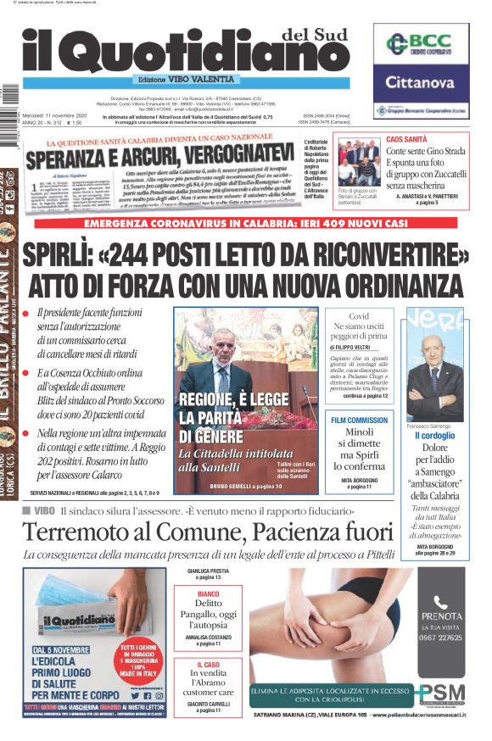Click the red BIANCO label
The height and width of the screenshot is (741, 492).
click(x=209, y=594)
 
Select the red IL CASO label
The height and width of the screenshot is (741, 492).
click(x=209, y=666)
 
